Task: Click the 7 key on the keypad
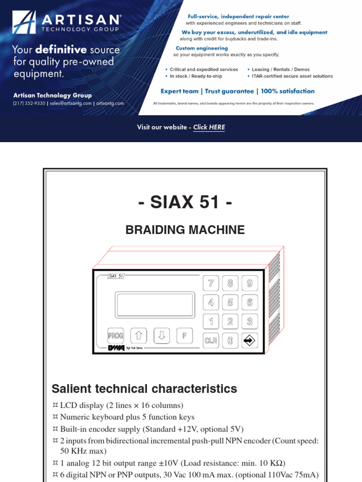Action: pyautogui.click(x=211, y=283)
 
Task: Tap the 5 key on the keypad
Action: pyautogui.click(x=230, y=302)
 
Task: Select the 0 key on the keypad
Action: pyautogui.click(x=230, y=340)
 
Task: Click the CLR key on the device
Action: pyautogui.click(x=211, y=340)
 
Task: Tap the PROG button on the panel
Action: pyautogui.click(x=115, y=336)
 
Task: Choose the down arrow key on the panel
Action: pyautogui.click(x=162, y=336)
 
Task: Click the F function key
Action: pyautogui.click(x=185, y=336)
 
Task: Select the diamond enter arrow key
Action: pyautogui.click(x=249, y=340)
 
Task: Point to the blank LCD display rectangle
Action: pyautogui.click(x=155, y=305)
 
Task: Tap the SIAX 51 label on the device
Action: pyautogui.click(x=116, y=276)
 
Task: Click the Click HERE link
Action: pyautogui.click(x=209, y=127)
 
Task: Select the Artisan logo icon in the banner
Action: pyautogui.click(x=24, y=24)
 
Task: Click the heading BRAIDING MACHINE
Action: pyautogui.click(x=185, y=230)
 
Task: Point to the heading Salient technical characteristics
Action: pyautogui.click(x=144, y=389)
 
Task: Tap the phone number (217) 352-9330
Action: pyautogui.click(x=29, y=104)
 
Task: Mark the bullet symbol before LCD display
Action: pyautogui.click(x=55, y=405)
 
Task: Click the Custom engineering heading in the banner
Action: pyautogui.click(x=202, y=48)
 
